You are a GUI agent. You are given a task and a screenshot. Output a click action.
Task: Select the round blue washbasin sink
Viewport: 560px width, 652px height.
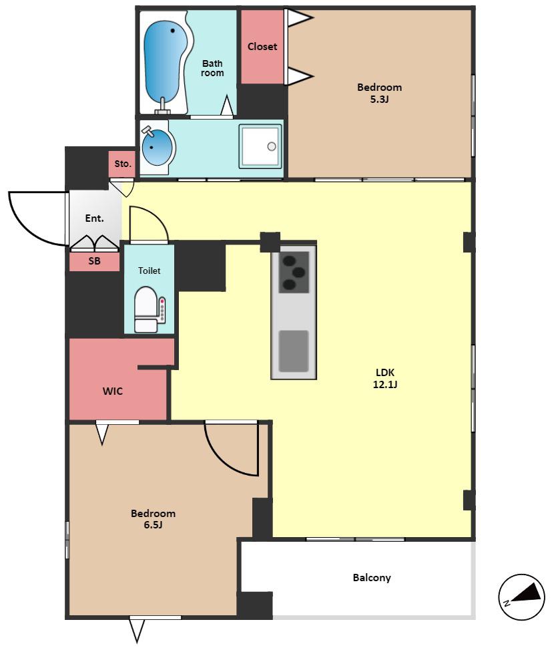pos(157,147)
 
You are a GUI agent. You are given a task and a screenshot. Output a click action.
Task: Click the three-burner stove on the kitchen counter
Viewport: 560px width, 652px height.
pos(294,273)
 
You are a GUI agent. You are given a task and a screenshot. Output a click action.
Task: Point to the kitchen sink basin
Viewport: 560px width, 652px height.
pos(294,351)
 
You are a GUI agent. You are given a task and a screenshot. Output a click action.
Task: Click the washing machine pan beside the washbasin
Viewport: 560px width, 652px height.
pos(260,146)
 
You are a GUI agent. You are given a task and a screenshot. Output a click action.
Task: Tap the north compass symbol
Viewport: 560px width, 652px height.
pos(521,597)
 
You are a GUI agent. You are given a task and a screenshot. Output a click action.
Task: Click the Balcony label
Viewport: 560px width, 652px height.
pos(372,578)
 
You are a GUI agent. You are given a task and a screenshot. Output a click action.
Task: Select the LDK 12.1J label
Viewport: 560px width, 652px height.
pos(385,378)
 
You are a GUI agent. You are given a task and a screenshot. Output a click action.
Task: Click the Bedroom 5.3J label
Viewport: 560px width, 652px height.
pos(379,93)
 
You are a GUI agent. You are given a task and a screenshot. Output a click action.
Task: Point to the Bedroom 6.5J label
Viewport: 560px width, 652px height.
pos(153,519)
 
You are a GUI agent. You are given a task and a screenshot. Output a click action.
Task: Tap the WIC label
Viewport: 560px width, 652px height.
pos(113,391)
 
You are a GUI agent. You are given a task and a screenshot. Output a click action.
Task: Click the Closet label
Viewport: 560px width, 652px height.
pos(262,47)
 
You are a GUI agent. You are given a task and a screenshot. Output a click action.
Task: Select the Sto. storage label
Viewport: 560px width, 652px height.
pos(123,164)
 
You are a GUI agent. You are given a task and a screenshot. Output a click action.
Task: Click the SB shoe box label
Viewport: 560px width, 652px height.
pos(94,261)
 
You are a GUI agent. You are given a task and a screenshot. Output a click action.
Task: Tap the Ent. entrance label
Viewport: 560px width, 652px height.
pos(94,218)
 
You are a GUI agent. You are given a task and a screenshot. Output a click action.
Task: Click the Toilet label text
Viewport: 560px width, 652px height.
pos(149,271)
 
